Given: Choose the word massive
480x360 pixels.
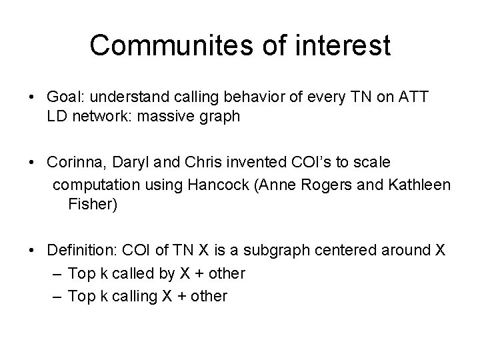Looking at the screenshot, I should pos(185,117).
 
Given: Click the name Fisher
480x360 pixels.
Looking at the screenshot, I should pos(92,203).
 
